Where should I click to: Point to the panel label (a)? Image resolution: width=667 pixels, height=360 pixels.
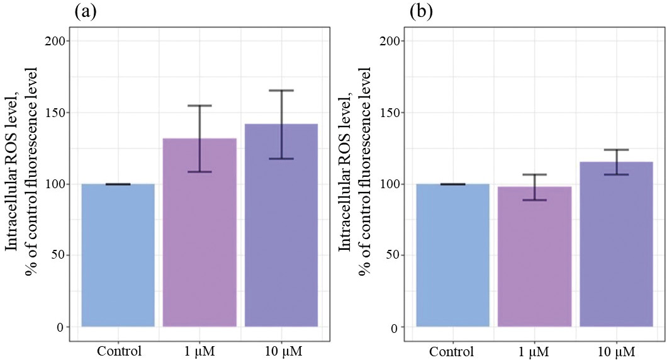(x=85, y=12)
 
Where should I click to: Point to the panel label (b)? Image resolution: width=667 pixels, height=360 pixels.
(x=420, y=12)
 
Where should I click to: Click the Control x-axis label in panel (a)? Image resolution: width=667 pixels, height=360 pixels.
(x=119, y=350)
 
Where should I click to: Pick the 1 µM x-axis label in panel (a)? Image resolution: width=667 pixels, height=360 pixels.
(x=199, y=350)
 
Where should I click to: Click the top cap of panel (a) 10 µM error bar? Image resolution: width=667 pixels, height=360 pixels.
(x=281, y=91)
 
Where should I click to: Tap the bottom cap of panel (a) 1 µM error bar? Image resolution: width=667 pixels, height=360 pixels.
(x=199, y=172)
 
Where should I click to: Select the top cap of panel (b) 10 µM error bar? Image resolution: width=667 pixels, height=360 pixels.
(x=616, y=150)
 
